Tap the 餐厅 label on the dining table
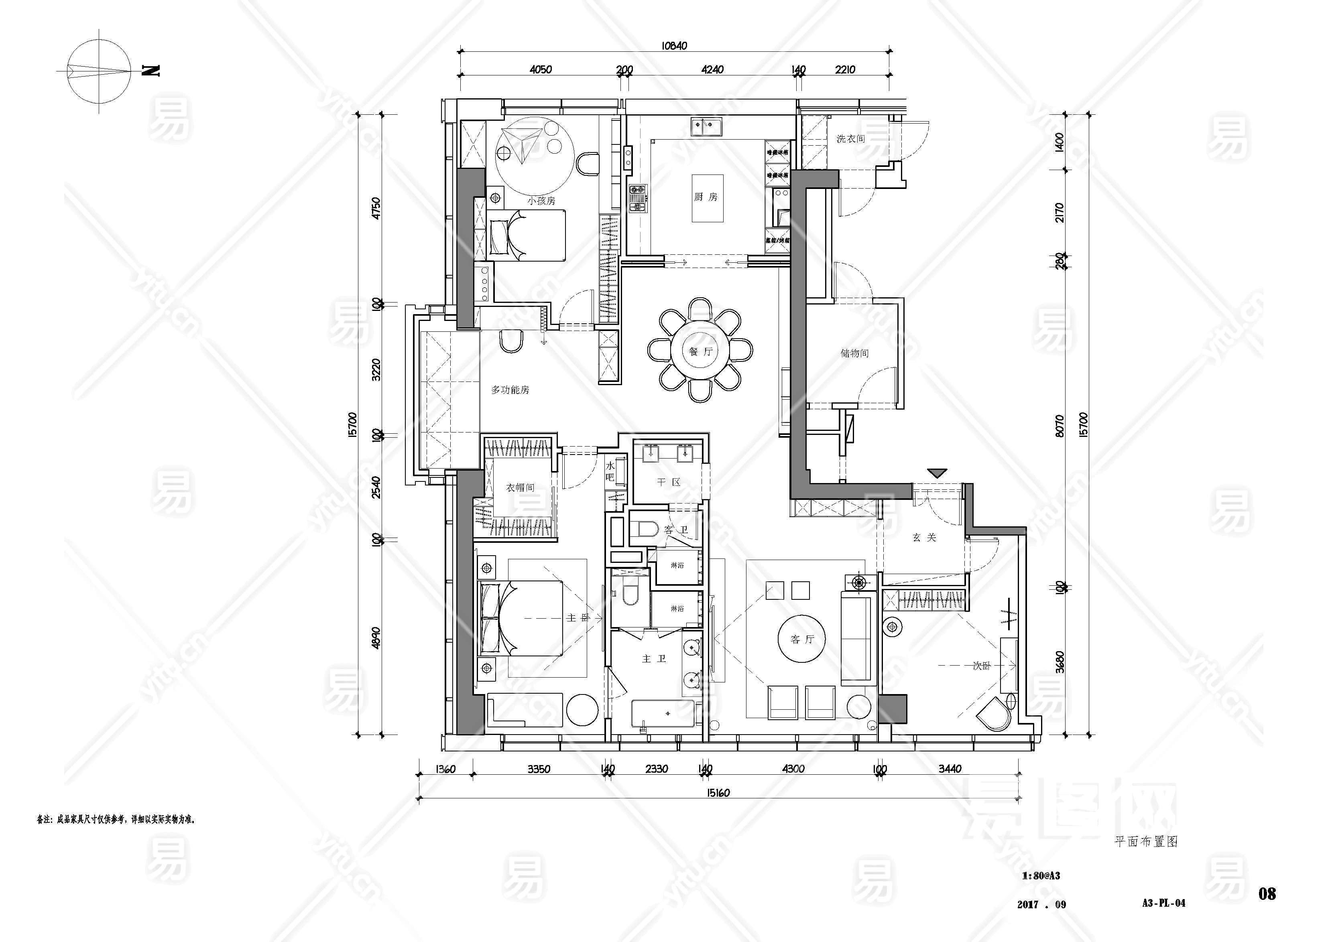pyautogui.click(x=700, y=351)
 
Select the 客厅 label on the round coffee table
pyautogui.click(x=802, y=639)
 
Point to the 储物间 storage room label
pyautogui.click(x=854, y=353)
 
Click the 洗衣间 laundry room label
pyautogui.click(x=850, y=139)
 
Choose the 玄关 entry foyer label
pyautogui.click(x=924, y=538)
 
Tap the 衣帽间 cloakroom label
pyautogui.click(x=520, y=487)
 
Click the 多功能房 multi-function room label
pyautogui.click(x=510, y=390)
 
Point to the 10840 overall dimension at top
pyautogui.click(x=674, y=46)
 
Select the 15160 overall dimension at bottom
pyautogui.click(x=718, y=793)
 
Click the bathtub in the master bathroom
pyautogui.click(x=663, y=713)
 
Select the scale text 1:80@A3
pyautogui.click(x=1041, y=876)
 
